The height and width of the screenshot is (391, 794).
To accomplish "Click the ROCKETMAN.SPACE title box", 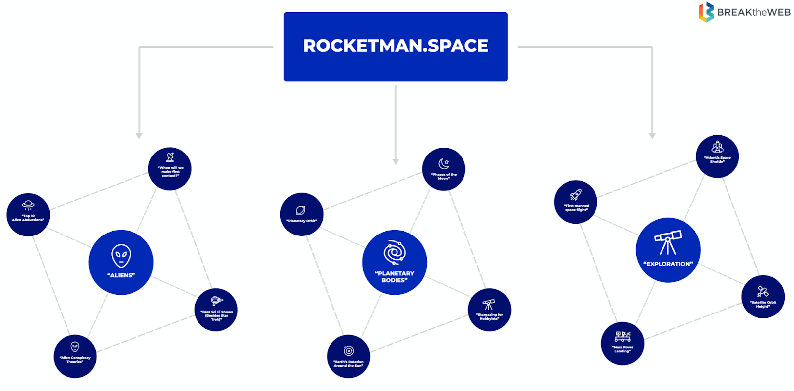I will [396, 47].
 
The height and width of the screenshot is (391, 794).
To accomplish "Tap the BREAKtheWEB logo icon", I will [706, 12].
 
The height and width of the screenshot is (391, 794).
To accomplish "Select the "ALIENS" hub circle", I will [121, 262].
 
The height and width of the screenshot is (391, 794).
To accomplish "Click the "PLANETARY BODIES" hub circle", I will [395, 262].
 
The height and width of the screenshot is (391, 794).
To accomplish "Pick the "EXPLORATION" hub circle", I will [668, 250].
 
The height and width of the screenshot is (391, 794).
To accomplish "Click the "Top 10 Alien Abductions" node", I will [28, 215].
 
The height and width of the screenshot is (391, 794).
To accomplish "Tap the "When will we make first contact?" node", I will [170, 169].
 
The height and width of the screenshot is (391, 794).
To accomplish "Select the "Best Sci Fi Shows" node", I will [216, 310].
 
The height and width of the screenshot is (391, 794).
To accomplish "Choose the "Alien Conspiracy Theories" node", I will [75, 356].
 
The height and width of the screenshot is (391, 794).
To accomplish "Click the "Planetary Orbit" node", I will [302, 214].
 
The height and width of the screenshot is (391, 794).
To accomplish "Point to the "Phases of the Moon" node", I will [444, 169].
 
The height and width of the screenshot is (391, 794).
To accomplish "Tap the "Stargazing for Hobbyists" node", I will [489, 310].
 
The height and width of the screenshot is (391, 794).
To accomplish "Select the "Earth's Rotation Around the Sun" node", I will [348, 356].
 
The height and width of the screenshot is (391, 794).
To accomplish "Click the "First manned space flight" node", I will [576, 202].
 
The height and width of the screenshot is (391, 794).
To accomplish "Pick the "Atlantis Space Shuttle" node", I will [717, 156].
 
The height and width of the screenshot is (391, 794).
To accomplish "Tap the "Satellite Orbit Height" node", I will [763, 297].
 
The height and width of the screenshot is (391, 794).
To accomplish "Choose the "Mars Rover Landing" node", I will [622, 343].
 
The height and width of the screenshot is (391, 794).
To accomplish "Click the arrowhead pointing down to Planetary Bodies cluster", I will [396, 161].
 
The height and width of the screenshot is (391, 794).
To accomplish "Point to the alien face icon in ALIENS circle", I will [121, 256].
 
